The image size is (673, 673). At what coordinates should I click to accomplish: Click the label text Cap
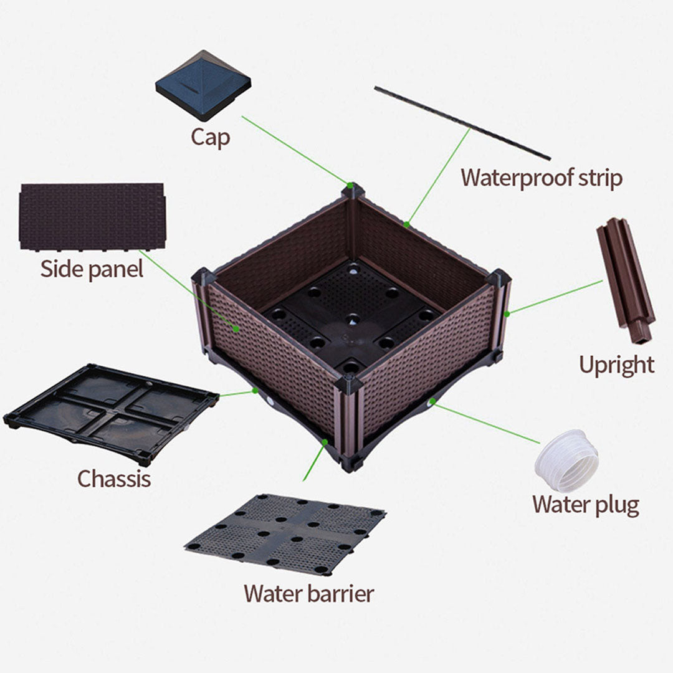[x=210, y=137]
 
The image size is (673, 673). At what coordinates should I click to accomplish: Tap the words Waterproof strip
[x=541, y=178]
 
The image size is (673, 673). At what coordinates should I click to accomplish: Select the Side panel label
[x=92, y=269]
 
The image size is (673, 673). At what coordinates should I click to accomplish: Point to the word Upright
[x=616, y=365]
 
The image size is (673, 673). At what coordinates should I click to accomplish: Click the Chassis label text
[x=113, y=479]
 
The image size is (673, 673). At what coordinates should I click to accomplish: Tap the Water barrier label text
[x=308, y=593]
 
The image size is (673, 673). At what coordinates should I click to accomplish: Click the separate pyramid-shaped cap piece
[x=203, y=84]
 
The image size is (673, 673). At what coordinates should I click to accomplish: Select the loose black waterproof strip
[x=462, y=123]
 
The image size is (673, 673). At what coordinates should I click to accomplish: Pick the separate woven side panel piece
[x=92, y=216]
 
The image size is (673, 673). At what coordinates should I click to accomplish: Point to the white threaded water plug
[x=566, y=461]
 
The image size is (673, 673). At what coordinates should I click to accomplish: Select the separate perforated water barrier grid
[x=286, y=533]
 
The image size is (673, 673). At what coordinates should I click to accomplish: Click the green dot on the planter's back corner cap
[x=351, y=185]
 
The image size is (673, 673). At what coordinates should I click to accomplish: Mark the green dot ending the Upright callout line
[x=507, y=313]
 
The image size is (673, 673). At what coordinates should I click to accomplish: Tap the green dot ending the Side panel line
[x=236, y=327]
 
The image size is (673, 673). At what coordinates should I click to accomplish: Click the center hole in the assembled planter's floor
[x=353, y=319]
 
